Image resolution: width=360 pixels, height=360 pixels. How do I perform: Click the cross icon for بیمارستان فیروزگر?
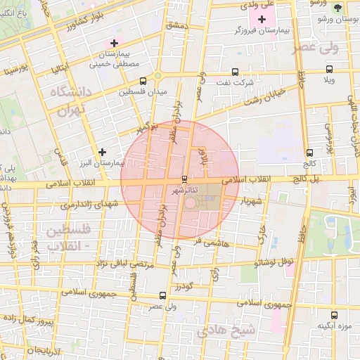coord(264,19)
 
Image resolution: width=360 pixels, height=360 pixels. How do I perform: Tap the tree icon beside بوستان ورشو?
coord(338,8)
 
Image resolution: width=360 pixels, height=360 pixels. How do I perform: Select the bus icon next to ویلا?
coord(329,69)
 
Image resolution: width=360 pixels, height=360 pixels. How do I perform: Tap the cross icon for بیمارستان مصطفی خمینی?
coord(114,44)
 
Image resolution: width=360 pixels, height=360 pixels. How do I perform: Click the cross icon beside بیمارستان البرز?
coord(103,151)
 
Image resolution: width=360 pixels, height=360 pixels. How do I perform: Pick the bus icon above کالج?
coord(309,153)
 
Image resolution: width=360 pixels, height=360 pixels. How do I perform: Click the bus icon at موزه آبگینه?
coord(334,315)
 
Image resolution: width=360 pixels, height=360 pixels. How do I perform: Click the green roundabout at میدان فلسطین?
coord(158,75)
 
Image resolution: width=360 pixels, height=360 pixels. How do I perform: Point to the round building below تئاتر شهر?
coord(192,203)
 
